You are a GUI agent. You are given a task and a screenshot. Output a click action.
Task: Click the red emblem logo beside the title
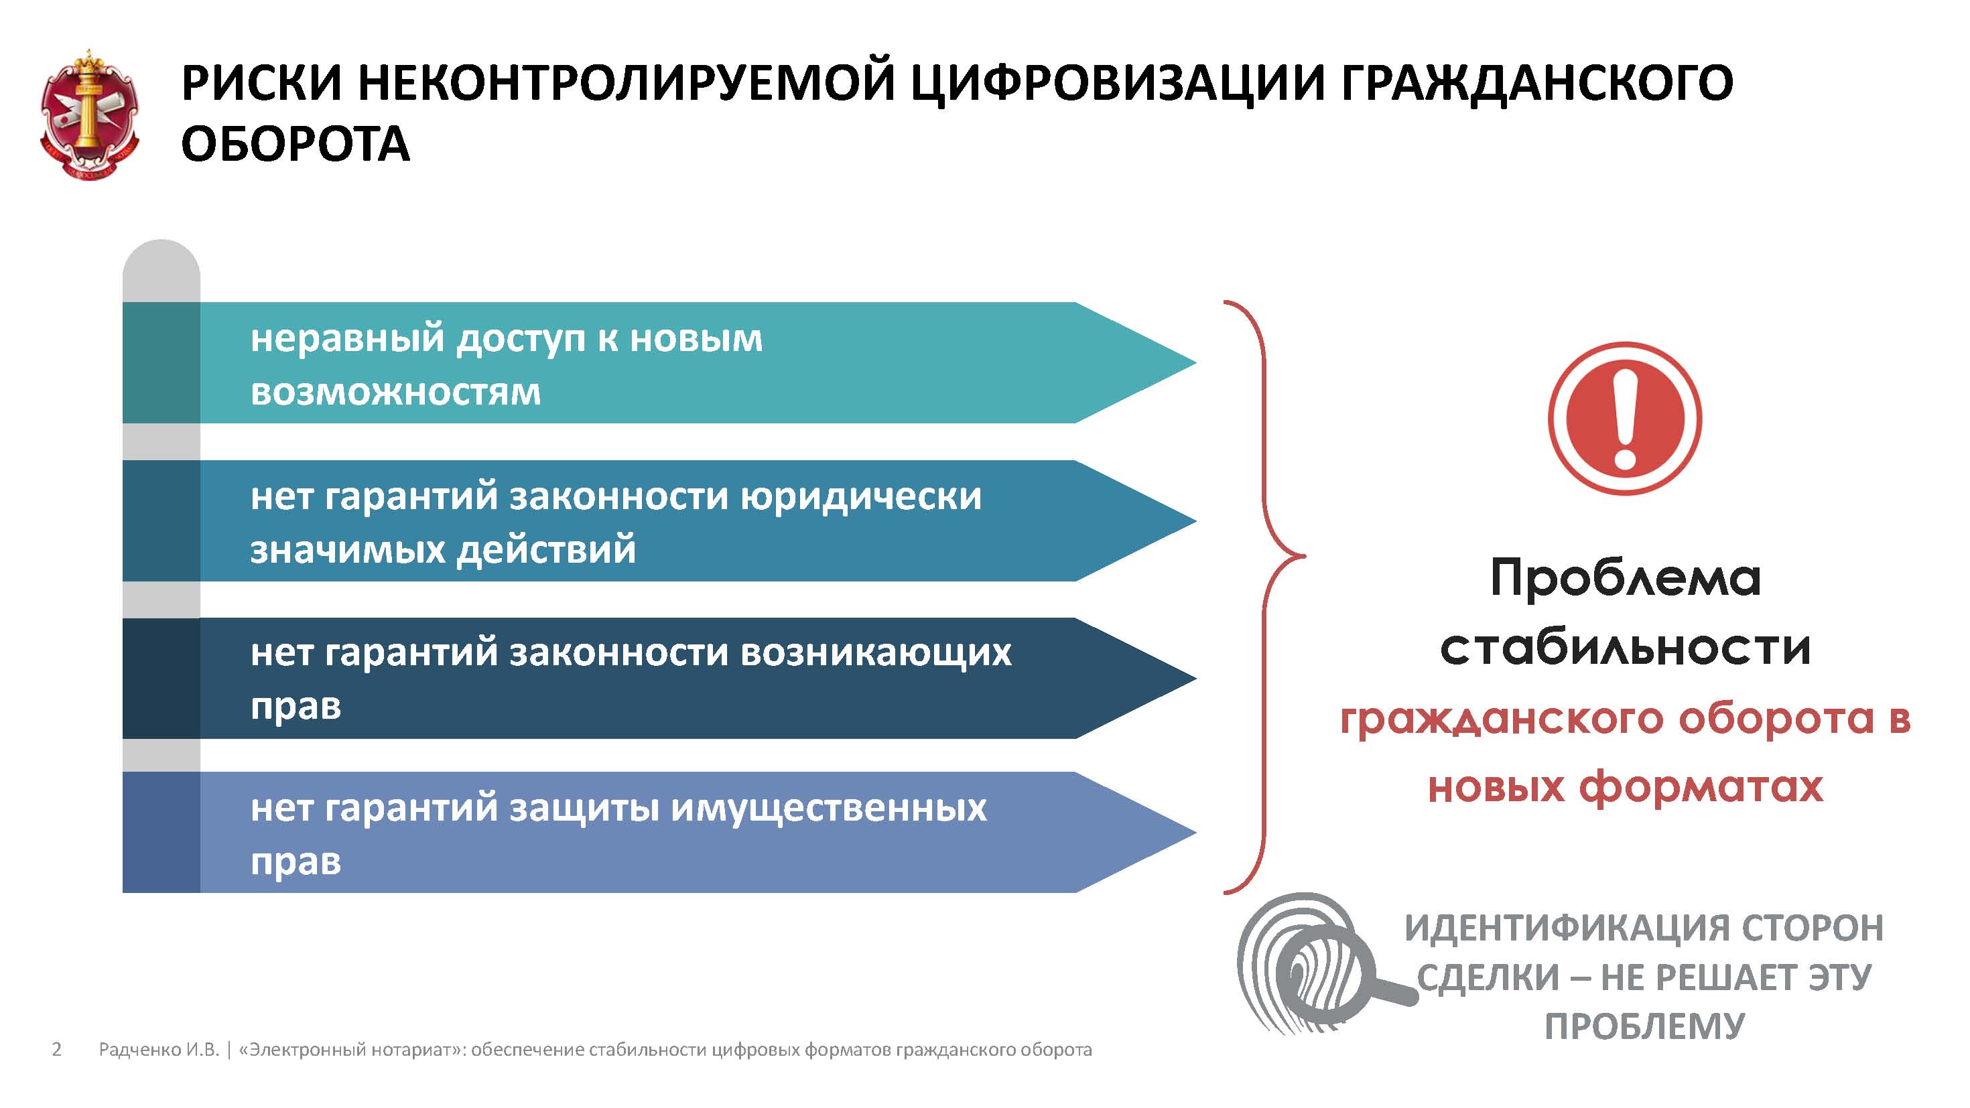(x=90, y=115)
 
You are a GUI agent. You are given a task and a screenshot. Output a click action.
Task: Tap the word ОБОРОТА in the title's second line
(x=295, y=144)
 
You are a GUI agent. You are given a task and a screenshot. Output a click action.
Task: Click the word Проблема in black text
(x=1625, y=578)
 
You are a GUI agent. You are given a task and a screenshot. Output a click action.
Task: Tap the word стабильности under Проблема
(x=1625, y=648)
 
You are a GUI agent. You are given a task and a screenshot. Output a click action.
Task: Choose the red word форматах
(x=1701, y=787)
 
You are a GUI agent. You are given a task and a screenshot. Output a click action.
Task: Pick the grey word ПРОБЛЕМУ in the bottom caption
(x=1644, y=1026)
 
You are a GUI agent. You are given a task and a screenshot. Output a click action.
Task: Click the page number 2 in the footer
(x=56, y=1049)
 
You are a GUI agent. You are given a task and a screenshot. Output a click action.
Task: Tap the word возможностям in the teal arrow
(x=395, y=393)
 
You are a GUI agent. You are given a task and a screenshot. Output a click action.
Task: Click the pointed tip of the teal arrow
(x=1195, y=362)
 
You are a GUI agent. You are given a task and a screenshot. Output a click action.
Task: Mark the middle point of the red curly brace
(x=1303, y=556)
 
